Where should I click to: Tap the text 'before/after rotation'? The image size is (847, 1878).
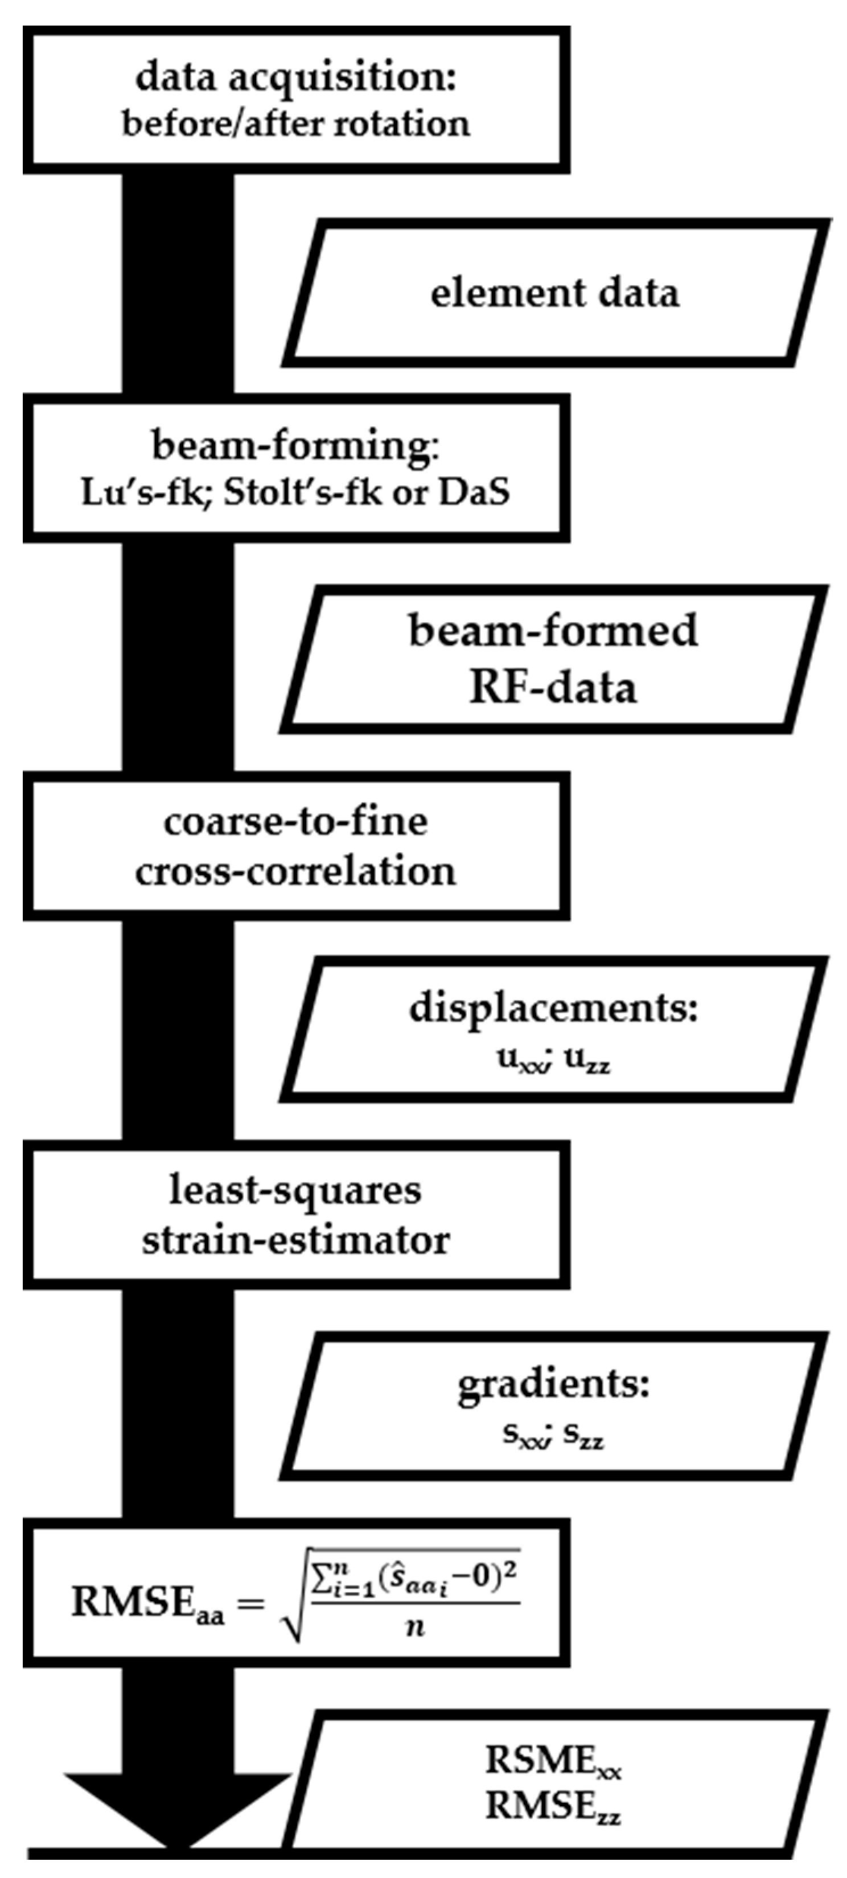[295, 124]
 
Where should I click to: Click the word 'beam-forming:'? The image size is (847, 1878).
[295, 446]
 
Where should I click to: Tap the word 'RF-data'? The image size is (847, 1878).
[553, 688]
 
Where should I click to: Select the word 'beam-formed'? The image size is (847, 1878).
[553, 631]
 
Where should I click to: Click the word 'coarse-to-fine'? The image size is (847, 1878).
[295, 821]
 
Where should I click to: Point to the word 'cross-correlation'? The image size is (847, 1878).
[295, 871]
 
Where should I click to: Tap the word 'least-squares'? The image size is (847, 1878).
[295, 1190]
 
